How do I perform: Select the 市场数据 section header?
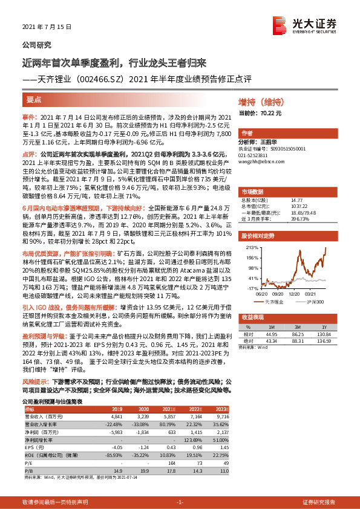pyautogui.click(x=254, y=190)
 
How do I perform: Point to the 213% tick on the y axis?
pyautogui.click(x=249, y=247)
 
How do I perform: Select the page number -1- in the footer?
pyautogui.click(x=179, y=502)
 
